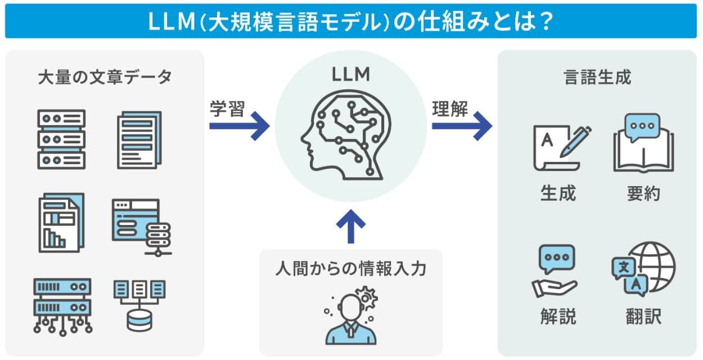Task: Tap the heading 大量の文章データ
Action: coord(105,77)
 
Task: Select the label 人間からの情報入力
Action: coord(351,269)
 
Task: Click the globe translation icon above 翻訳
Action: coord(643,269)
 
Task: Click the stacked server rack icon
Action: coord(61,139)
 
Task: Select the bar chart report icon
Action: coord(61,222)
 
